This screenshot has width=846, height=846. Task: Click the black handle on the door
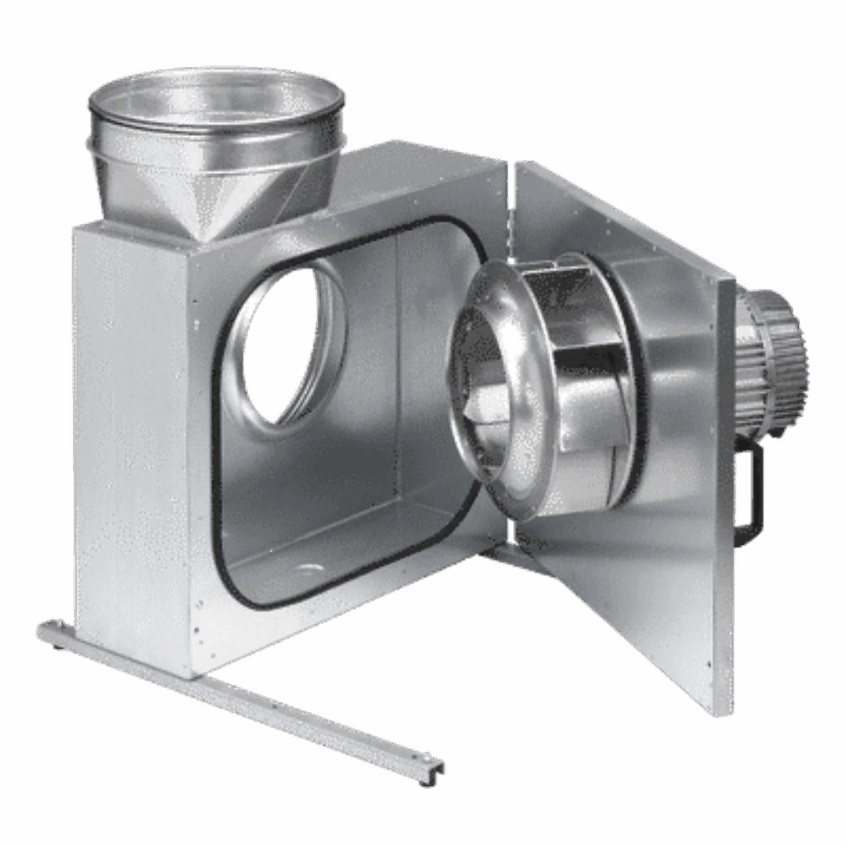coord(752,495)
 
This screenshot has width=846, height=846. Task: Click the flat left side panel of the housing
coord(130,434)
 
